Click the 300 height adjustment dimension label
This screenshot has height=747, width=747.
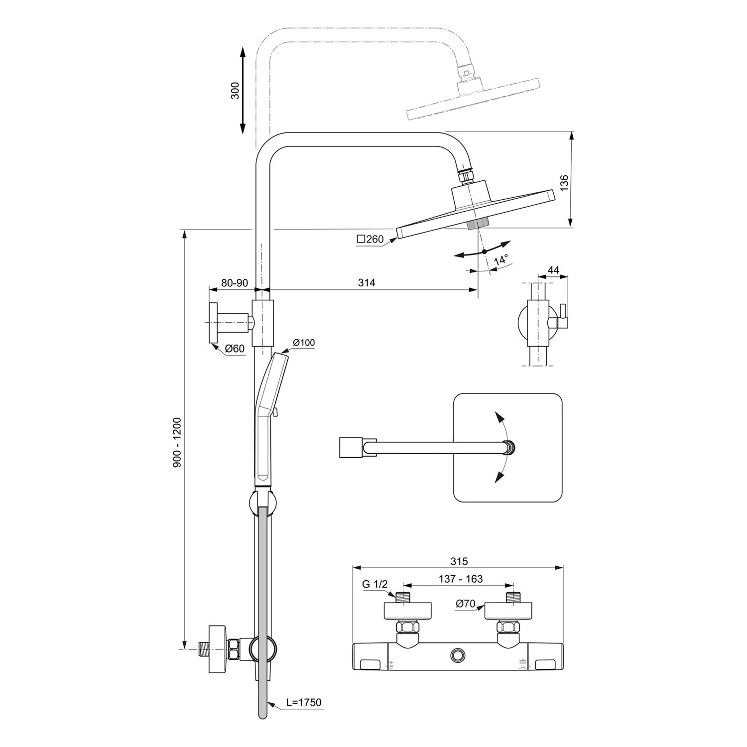pos(235,90)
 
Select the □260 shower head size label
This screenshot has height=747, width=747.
pos(371,239)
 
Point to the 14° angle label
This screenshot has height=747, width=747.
pos(500,260)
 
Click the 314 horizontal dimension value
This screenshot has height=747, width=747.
pos(367,282)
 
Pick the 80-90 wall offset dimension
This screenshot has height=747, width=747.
pos(235,282)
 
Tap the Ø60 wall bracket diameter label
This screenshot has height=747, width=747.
pos(235,349)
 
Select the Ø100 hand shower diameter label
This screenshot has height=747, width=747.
pos(304,342)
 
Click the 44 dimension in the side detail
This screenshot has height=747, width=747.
pos(553,270)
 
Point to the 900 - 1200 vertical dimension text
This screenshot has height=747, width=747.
pos(177,442)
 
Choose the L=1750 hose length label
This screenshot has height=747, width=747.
pos(304,702)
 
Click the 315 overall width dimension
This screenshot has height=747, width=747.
pos(459,561)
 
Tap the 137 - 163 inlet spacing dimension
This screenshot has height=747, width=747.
pos(461,579)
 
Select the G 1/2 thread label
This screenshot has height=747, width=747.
pos(374,584)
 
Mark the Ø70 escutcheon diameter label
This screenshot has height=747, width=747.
pos(466,604)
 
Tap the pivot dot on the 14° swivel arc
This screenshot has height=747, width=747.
pos(484,251)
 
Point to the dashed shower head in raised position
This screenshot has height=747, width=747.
pos(473,100)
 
